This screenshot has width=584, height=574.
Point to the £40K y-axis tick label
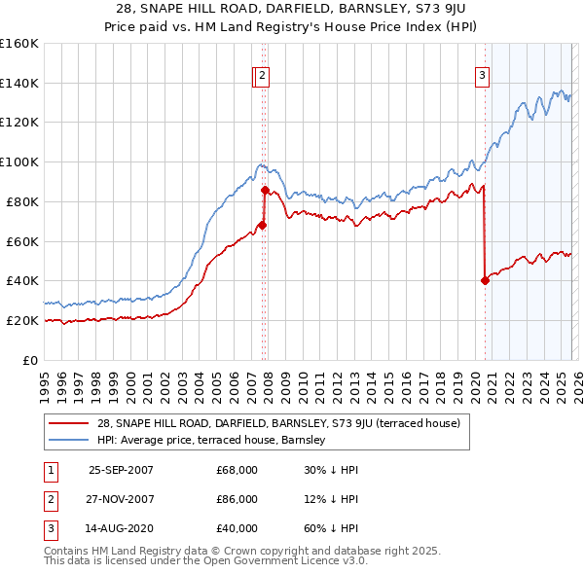(x=21, y=281)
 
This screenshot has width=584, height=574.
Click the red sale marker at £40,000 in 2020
(x=485, y=280)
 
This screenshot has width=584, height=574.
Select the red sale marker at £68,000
(x=262, y=225)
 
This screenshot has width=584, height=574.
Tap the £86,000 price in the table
(x=237, y=500)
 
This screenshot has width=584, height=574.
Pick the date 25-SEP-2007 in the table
(x=121, y=470)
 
